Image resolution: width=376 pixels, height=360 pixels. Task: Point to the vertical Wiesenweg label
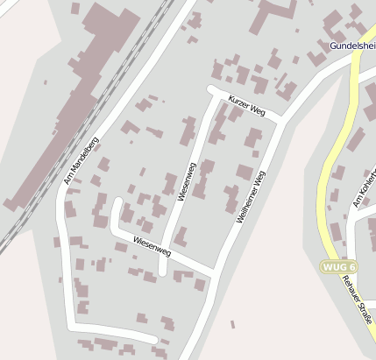[x=185, y=182]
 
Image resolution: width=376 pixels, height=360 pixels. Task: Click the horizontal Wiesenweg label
[x=152, y=246]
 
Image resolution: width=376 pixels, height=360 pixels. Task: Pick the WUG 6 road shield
[x=339, y=266]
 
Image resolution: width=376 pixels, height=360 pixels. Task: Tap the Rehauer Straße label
[x=357, y=299]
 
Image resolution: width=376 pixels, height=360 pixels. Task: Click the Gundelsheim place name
[x=353, y=46]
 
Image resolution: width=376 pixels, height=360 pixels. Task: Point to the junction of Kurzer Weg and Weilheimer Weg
[x=280, y=119]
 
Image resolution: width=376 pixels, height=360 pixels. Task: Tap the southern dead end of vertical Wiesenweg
[x=163, y=272]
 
